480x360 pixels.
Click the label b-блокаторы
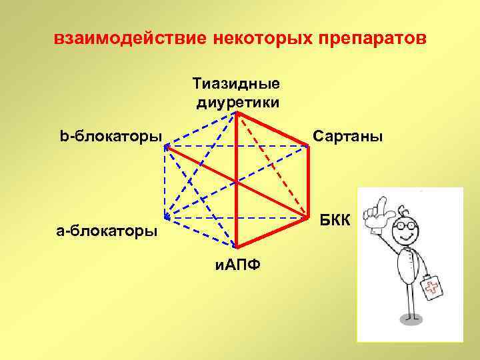pyautogui.click(x=111, y=137)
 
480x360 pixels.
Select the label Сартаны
pyautogui.click(x=348, y=137)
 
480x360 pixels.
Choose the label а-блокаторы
pyautogui.click(x=107, y=231)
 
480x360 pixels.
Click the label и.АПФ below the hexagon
pyautogui.click(x=237, y=265)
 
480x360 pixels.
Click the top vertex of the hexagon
pyautogui.click(x=237, y=113)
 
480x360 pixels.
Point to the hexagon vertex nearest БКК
pyautogui.click(x=309, y=217)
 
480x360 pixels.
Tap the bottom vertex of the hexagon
pyautogui.click(x=237, y=248)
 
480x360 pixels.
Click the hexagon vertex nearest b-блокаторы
pyautogui.click(x=166, y=146)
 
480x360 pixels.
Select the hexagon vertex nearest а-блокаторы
pyautogui.click(x=165, y=217)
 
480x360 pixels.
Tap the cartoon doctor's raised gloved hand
pyautogui.click(x=383, y=212)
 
